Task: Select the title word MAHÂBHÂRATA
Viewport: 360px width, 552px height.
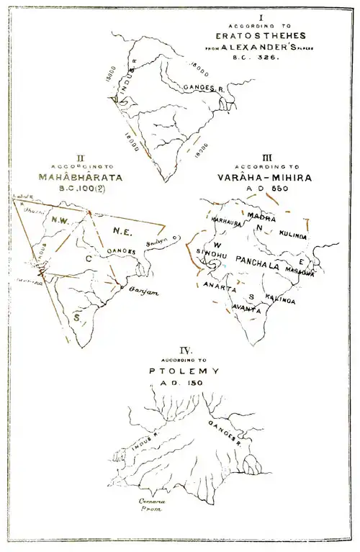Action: (x=74, y=175)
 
